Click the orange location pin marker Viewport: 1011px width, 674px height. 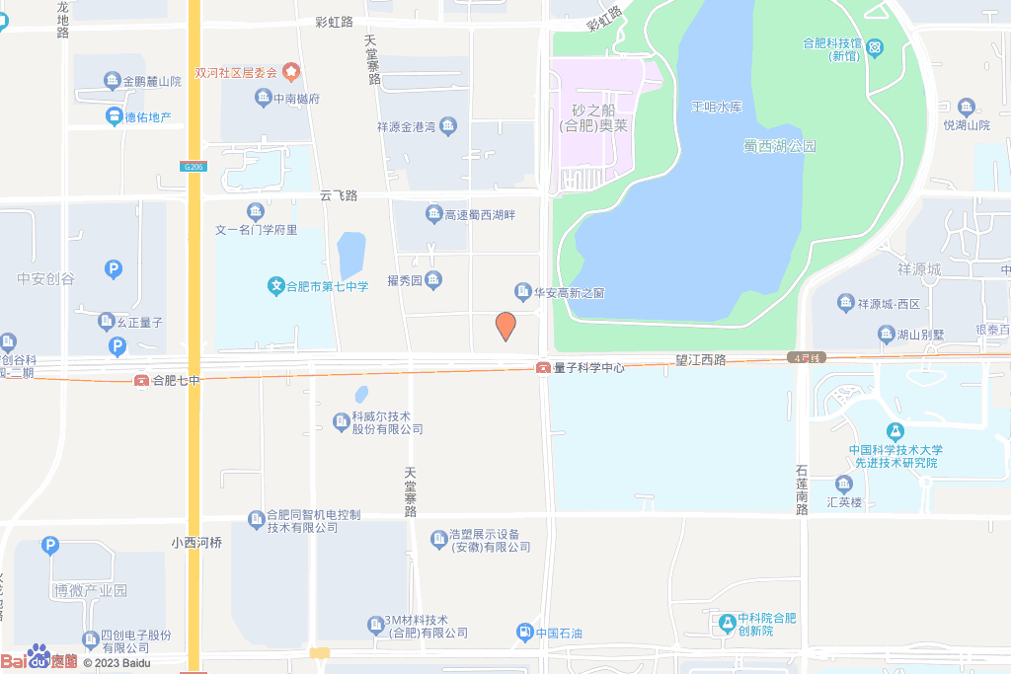505,326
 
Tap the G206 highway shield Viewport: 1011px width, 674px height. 194,167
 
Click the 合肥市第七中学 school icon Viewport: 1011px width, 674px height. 276,287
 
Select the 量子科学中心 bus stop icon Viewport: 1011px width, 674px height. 543,368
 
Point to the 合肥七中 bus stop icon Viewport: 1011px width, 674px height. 142,380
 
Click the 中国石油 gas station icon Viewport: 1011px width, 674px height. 523,633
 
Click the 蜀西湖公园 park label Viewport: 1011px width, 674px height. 780,146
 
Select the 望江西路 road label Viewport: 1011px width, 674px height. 701,360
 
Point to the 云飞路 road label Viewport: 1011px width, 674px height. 338,195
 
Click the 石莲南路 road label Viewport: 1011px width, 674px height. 803,488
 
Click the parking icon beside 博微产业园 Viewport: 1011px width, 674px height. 50,546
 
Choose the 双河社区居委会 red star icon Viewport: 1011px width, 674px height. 291,72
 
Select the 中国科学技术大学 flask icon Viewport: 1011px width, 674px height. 894,431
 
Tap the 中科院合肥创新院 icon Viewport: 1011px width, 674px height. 728,622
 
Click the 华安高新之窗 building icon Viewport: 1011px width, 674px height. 522,292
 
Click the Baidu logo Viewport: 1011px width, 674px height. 39,659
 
